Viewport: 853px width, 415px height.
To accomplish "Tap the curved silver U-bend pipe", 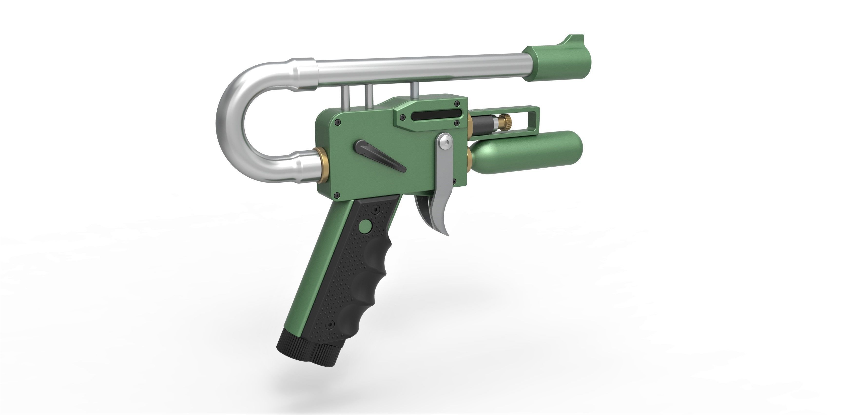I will pyautogui.click(x=232, y=116).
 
